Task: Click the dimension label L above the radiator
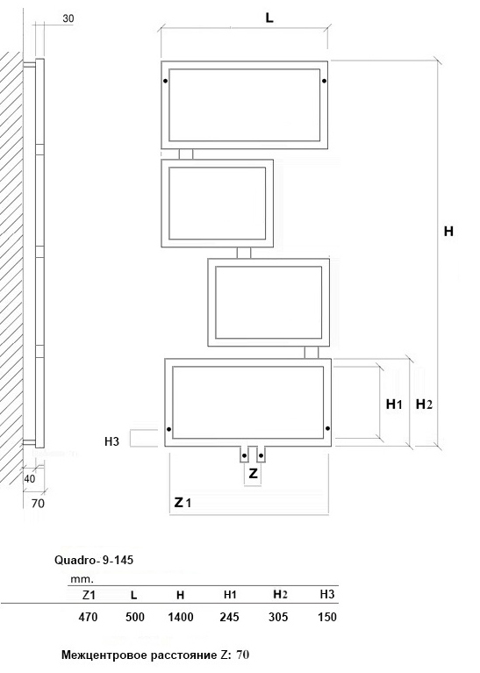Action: (x=269, y=18)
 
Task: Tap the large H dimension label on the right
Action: (x=448, y=232)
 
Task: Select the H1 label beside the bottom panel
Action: (x=394, y=404)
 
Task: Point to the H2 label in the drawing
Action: (x=424, y=404)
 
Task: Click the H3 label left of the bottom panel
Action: (x=111, y=441)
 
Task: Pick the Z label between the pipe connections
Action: (x=254, y=473)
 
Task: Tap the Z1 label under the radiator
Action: (x=183, y=502)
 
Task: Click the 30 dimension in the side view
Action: (x=68, y=18)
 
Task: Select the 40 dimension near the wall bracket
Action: (x=30, y=478)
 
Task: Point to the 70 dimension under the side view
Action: (x=38, y=503)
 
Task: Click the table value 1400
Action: (x=180, y=617)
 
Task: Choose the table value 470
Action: (x=88, y=617)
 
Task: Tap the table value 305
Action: (x=278, y=617)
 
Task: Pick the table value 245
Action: (x=229, y=617)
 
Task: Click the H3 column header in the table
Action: (x=327, y=594)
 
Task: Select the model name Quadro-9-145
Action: (x=94, y=560)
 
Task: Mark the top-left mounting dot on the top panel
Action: (x=165, y=81)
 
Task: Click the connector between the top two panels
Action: (x=186, y=154)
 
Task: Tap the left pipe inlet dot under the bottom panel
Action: (x=244, y=455)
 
